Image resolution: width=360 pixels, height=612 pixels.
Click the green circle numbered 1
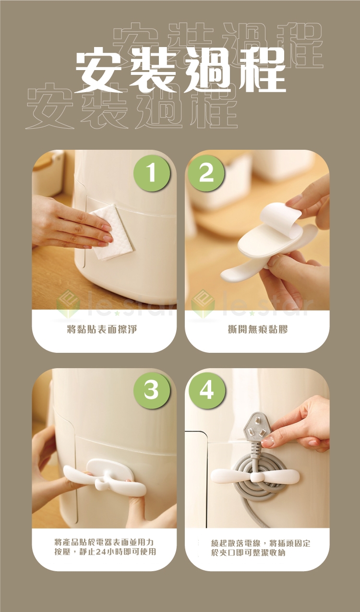pyautogui.click(x=152, y=174)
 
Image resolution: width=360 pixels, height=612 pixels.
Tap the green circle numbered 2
pyautogui.click(x=206, y=174)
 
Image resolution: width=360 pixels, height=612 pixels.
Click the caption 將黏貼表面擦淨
pyautogui.click(x=102, y=330)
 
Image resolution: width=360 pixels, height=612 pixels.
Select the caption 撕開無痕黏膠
pyautogui.click(x=258, y=330)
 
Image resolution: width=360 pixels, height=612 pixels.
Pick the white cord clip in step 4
pyautogui.click(x=255, y=477)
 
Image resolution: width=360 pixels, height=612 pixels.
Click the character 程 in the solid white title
pyautogui.click(x=262, y=70)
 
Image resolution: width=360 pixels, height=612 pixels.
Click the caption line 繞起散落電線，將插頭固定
pyautogui.click(x=261, y=542)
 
